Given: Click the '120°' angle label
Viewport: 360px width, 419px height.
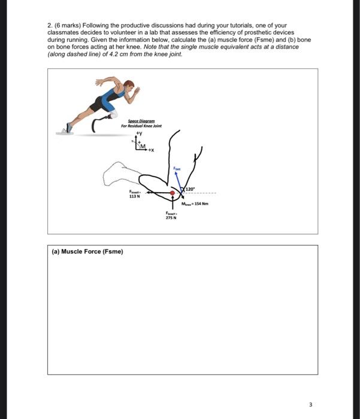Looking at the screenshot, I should point(191,189).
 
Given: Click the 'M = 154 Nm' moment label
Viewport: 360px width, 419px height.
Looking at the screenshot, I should point(199,205).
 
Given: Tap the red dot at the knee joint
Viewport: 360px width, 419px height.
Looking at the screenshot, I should point(173,193).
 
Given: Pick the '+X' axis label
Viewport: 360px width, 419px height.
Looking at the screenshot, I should point(152,150).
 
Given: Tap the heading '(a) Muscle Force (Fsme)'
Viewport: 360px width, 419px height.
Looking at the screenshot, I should point(87,251).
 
